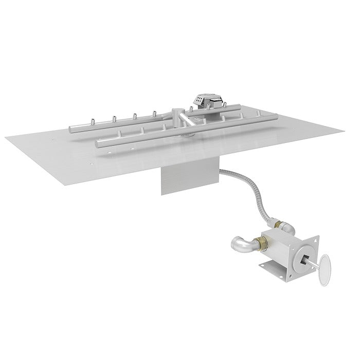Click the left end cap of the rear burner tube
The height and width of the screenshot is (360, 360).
pyautogui.click(x=71, y=128)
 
